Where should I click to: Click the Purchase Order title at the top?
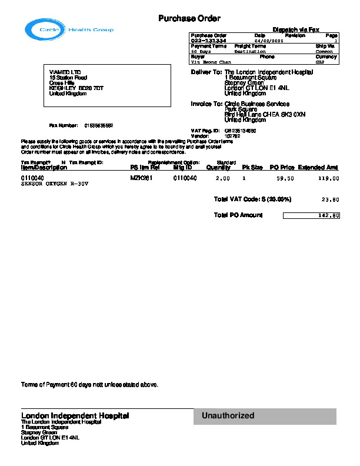click(x=189, y=19)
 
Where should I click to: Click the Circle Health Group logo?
click(x=69, y=29)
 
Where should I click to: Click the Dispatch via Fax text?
click(x=296, y=29)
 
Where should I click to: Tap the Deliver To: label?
click(x=206, y=72)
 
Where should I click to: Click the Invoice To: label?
click(x=206, y=104)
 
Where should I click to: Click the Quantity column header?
click(x=218, y=168)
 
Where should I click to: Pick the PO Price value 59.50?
click(x=285, y=178)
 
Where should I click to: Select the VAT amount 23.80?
click(x=330, y=200)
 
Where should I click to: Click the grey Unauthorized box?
click(x=265, y=416)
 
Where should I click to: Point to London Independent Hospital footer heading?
click(x=75, y=415)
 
